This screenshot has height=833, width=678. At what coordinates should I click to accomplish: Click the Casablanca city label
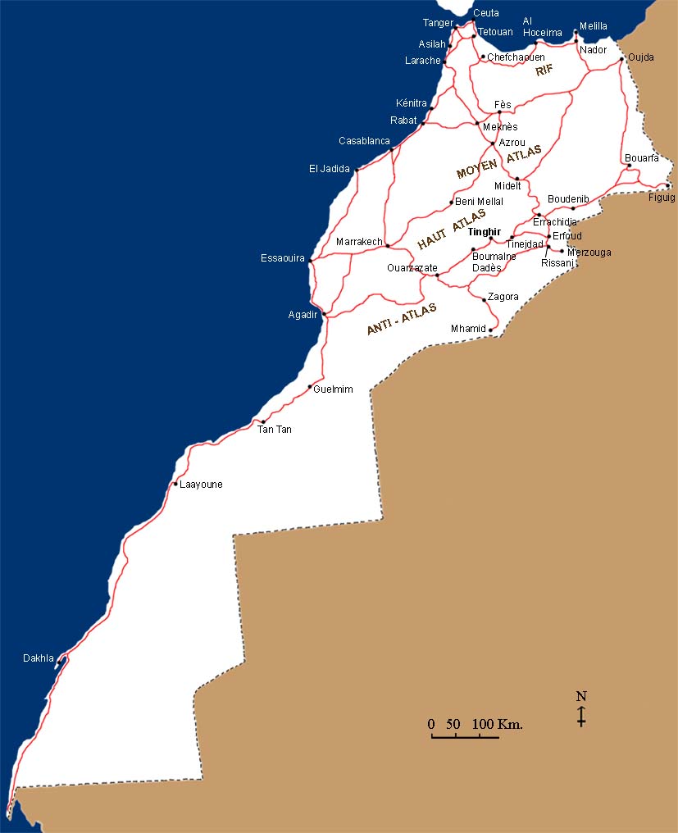364,141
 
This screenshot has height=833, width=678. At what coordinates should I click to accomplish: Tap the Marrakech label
359,242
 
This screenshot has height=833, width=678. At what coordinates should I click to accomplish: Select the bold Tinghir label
483,232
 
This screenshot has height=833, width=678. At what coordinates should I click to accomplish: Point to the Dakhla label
39,658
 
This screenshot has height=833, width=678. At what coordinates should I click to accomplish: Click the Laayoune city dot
175,485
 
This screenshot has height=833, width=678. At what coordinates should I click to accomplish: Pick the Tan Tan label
275,430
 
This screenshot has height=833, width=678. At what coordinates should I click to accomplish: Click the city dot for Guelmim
310,387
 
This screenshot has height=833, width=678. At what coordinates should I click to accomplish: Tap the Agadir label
303,315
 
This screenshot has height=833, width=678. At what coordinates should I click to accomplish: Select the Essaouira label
282,258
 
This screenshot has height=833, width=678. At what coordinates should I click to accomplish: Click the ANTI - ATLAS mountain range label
402,319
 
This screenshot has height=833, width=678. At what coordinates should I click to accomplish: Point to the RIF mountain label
545,71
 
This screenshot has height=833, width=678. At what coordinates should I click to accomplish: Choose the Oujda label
641,57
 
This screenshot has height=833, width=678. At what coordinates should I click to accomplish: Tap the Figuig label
662,198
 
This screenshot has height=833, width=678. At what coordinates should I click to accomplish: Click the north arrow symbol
581,709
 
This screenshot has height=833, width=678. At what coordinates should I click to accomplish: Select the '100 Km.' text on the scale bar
498,724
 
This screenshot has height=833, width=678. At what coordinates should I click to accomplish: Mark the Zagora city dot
484,300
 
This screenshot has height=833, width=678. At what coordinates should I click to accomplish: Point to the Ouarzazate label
412,268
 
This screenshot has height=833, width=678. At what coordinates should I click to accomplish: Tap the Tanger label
437,23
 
